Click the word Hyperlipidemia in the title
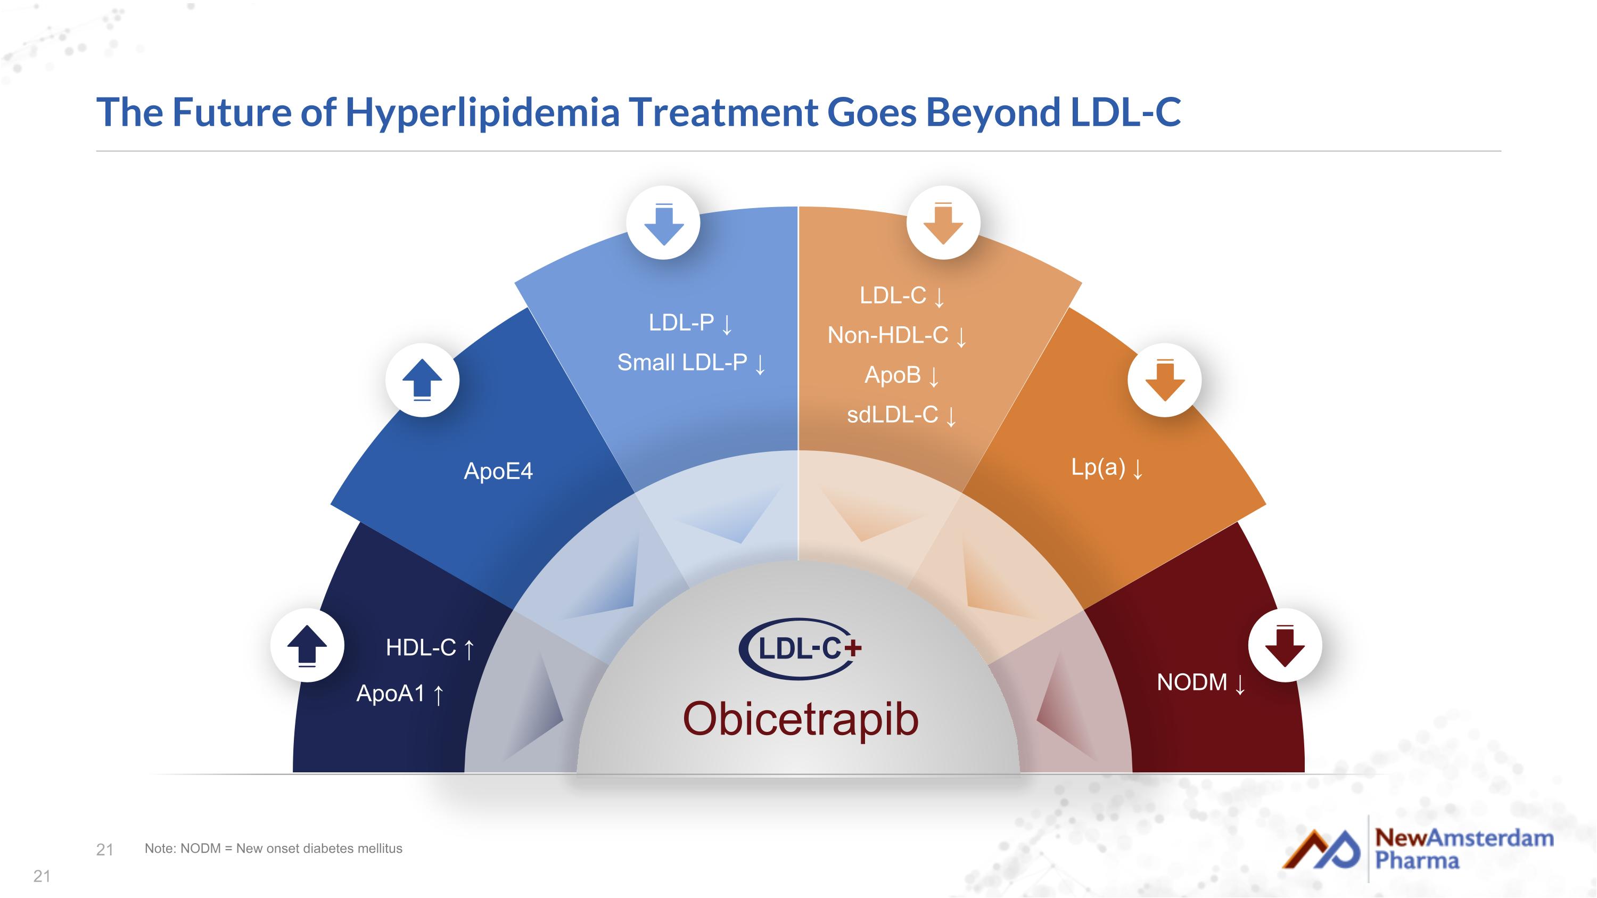[482, 113]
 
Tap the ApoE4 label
[498, 472]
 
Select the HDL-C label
[421, 648]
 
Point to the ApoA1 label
[391, 694]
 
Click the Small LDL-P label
[682, 363]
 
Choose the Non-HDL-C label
[888, 335]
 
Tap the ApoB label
[893, 375]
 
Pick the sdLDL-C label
[893, 415]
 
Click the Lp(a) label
[1098, 467]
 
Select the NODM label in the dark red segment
[1191, 682]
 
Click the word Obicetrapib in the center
[800, 720]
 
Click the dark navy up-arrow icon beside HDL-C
[307, 646]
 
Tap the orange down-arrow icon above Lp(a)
[1164, 380]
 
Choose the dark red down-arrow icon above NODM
[1285, 646]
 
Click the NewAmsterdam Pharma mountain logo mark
[1321, 849]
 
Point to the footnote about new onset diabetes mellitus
[274, 848]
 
